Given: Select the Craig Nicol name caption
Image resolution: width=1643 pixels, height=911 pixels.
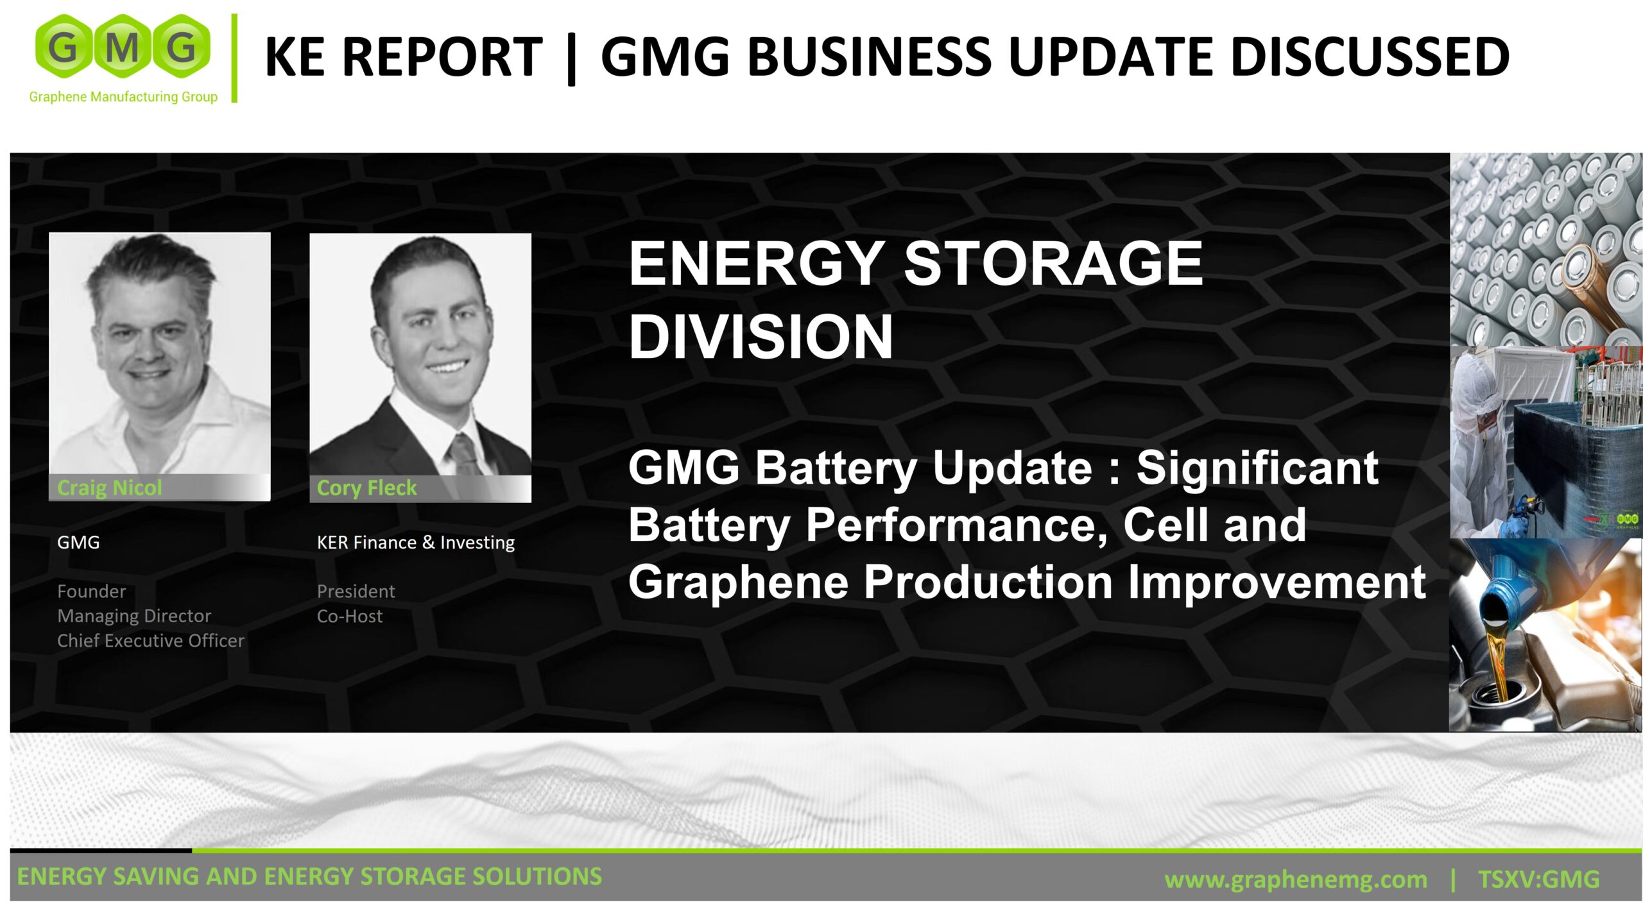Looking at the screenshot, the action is click(110, 488).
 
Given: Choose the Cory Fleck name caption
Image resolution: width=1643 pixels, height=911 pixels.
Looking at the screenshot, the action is click(366, 488).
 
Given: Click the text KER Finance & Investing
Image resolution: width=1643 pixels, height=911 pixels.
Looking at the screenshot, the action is click(415, 543).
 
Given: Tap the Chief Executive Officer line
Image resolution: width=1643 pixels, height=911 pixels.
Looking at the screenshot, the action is click(151, 640).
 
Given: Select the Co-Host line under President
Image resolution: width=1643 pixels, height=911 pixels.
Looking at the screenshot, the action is click(350, 616).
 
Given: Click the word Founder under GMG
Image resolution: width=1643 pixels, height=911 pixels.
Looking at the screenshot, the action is click(91, 591).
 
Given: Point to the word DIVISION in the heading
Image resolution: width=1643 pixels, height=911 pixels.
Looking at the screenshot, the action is click(761, 337).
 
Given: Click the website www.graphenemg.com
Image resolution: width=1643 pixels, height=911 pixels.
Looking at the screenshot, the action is click(1296, 879).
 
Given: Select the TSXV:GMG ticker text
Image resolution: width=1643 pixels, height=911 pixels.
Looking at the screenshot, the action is click(1538, 878).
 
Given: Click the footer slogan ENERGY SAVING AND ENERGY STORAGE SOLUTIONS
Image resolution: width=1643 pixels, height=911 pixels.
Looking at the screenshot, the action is click(309, 876).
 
